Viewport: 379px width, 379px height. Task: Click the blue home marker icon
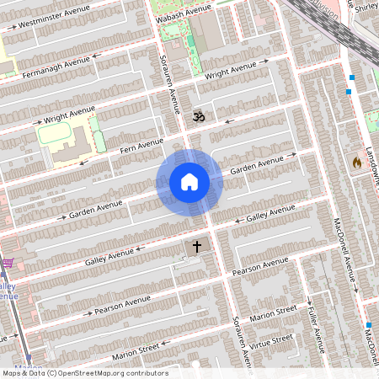[189, 182]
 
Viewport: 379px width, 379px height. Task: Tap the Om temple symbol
[199, 117]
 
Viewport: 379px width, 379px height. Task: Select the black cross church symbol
[198, 247]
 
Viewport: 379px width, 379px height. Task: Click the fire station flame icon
[357, 161]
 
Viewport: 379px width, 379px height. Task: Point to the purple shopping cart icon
[8, 264]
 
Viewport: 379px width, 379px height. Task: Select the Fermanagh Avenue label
[52, 67]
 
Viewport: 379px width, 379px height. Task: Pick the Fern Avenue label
[140, 147]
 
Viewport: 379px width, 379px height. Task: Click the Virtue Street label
[271, 341]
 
